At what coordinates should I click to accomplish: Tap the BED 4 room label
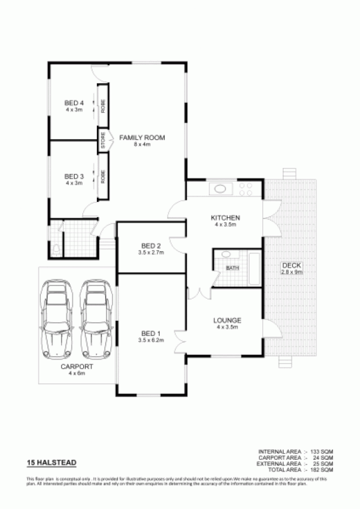pos(74,103)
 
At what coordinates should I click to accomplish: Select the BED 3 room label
pos(74,176)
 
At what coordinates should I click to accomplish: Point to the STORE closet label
pos(103,140)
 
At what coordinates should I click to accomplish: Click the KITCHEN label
pos(225,218)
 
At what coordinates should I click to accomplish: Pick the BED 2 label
pos(151,246)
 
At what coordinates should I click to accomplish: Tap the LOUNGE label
pos(227,320)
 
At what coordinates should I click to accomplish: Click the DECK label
pos(291,265)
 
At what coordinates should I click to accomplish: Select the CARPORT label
pos(76,366)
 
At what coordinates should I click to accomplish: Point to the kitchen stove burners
pos(246,189)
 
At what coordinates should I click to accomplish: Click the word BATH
pos(232,268)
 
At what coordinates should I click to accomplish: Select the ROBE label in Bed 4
pos(103,106)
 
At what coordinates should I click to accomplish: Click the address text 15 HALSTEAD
pos(52,463)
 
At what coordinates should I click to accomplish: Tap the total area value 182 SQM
pos(322,470)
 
